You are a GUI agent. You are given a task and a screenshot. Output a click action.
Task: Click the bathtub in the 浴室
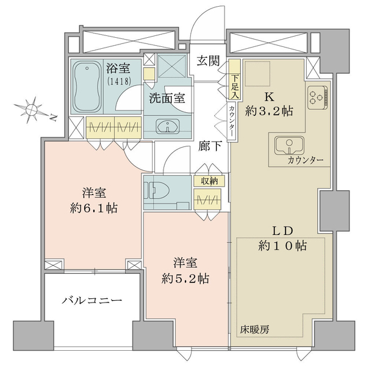[87, 87]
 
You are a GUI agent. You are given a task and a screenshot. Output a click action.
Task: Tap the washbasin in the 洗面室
[168, 126]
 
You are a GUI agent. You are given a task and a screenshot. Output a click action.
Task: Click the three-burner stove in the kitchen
[317, 98]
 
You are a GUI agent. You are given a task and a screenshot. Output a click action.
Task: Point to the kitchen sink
[289, 145]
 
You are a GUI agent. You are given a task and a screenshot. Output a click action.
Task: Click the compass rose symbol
[31, 109]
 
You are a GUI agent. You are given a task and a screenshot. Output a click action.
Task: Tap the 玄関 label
[208, 60]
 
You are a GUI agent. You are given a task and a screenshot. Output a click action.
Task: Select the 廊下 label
[210, 146]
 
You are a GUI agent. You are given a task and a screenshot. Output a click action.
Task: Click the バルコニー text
[91, 300]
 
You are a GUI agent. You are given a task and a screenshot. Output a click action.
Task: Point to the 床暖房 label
[254, 329]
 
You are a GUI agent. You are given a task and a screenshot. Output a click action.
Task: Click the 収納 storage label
[209, 181]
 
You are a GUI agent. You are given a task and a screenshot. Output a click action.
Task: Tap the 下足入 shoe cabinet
[235, 79]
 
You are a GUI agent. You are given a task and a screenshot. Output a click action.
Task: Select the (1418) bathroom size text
[118, 81]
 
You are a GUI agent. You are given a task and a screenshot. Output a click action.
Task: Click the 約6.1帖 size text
[93, 208]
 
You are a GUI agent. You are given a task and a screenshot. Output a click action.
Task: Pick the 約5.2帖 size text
[185, 278]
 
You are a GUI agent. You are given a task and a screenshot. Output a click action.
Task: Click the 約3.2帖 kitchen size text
[269, 111]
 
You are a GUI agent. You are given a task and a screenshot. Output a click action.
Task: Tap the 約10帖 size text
[282, 246]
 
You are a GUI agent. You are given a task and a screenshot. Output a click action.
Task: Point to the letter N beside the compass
[54, 118]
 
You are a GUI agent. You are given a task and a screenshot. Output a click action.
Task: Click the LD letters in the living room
[282, 231]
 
